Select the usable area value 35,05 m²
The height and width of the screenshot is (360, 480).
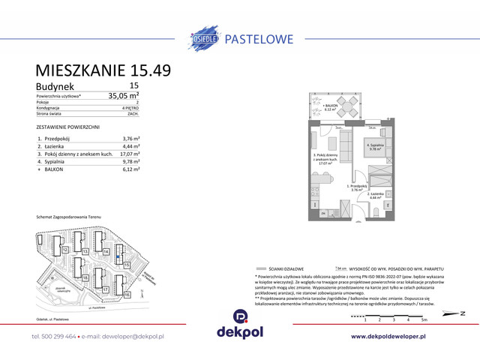click(124, 95)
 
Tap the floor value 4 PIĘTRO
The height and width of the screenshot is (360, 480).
click(130, 107)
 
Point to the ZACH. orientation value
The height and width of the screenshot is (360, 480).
click(133, 114)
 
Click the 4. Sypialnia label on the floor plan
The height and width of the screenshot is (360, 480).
click(375, 146)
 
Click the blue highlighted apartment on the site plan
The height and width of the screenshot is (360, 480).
click(118, 256)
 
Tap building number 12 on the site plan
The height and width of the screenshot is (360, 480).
click(66, 250)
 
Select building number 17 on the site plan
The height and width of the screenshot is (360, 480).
click(106, 289)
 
